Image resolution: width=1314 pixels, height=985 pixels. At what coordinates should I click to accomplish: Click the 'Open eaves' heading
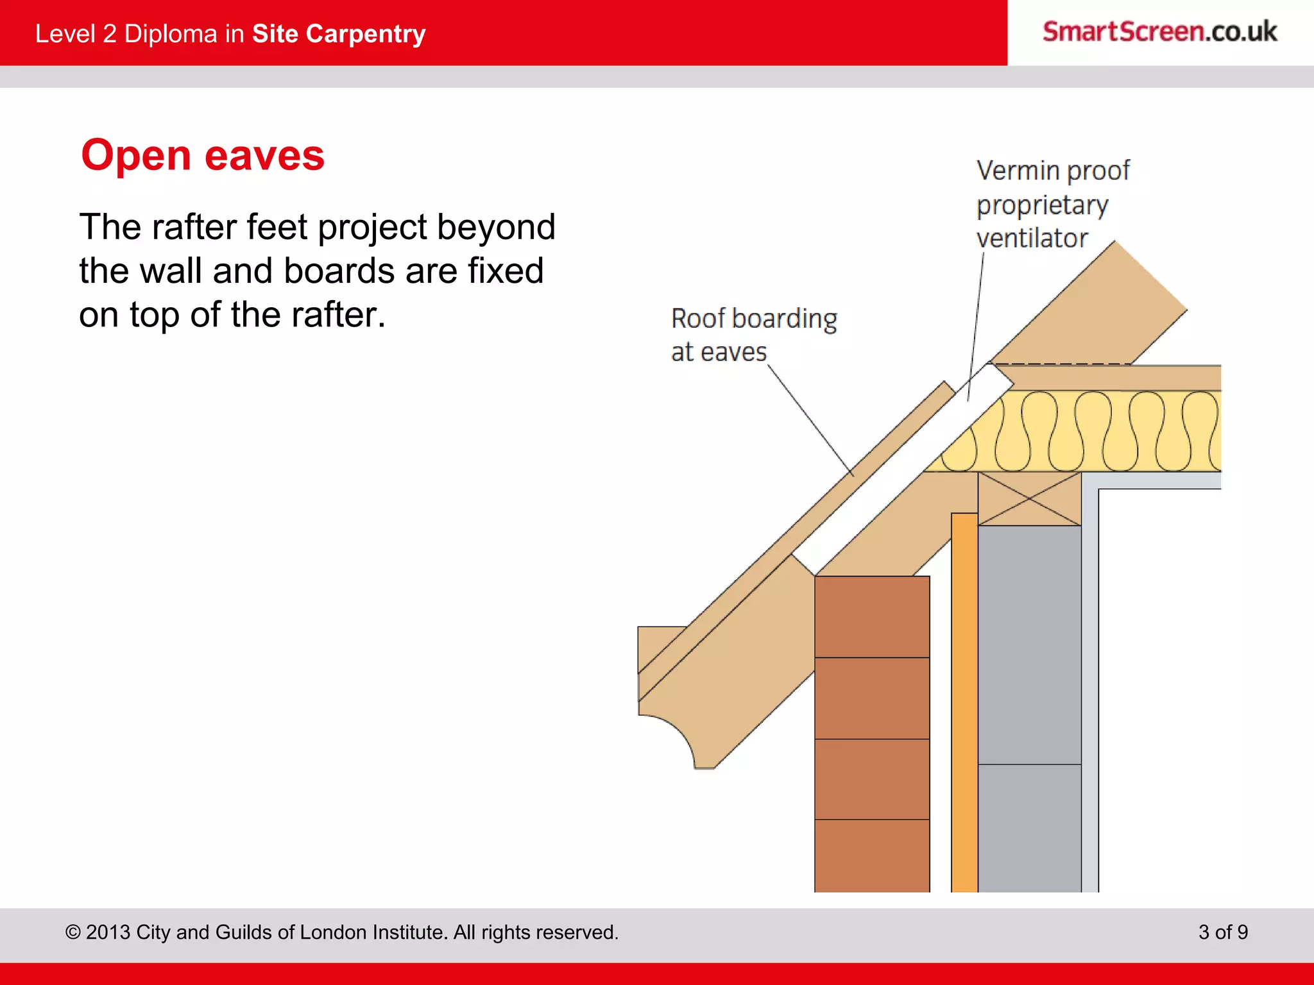click(x=203, y=156)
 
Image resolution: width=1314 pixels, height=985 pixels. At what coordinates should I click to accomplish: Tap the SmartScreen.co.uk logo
click(x=1159, y=32)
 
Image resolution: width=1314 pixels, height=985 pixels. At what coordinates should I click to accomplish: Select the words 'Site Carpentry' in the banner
click(x=339, y=34)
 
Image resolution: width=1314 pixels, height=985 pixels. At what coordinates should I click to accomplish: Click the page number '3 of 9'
click(x=1223, y=932)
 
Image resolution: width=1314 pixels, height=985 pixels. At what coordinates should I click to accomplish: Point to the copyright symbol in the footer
click(x=73, y=932)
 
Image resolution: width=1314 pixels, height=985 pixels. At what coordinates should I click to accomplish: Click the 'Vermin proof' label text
click(x=1052, y=171)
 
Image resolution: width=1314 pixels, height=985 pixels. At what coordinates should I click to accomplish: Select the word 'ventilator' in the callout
click(x=1032, y=239)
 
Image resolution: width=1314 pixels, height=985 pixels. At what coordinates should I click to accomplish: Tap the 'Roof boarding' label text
click(x=754, y=319)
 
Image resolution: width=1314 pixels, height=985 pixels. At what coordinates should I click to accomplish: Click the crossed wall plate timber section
click(x=1029, y=498)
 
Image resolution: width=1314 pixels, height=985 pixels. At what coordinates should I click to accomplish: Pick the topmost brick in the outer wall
click(x=872, y=616)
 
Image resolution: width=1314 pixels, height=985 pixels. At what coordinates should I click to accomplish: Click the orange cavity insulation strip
click(x=964, y=705)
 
